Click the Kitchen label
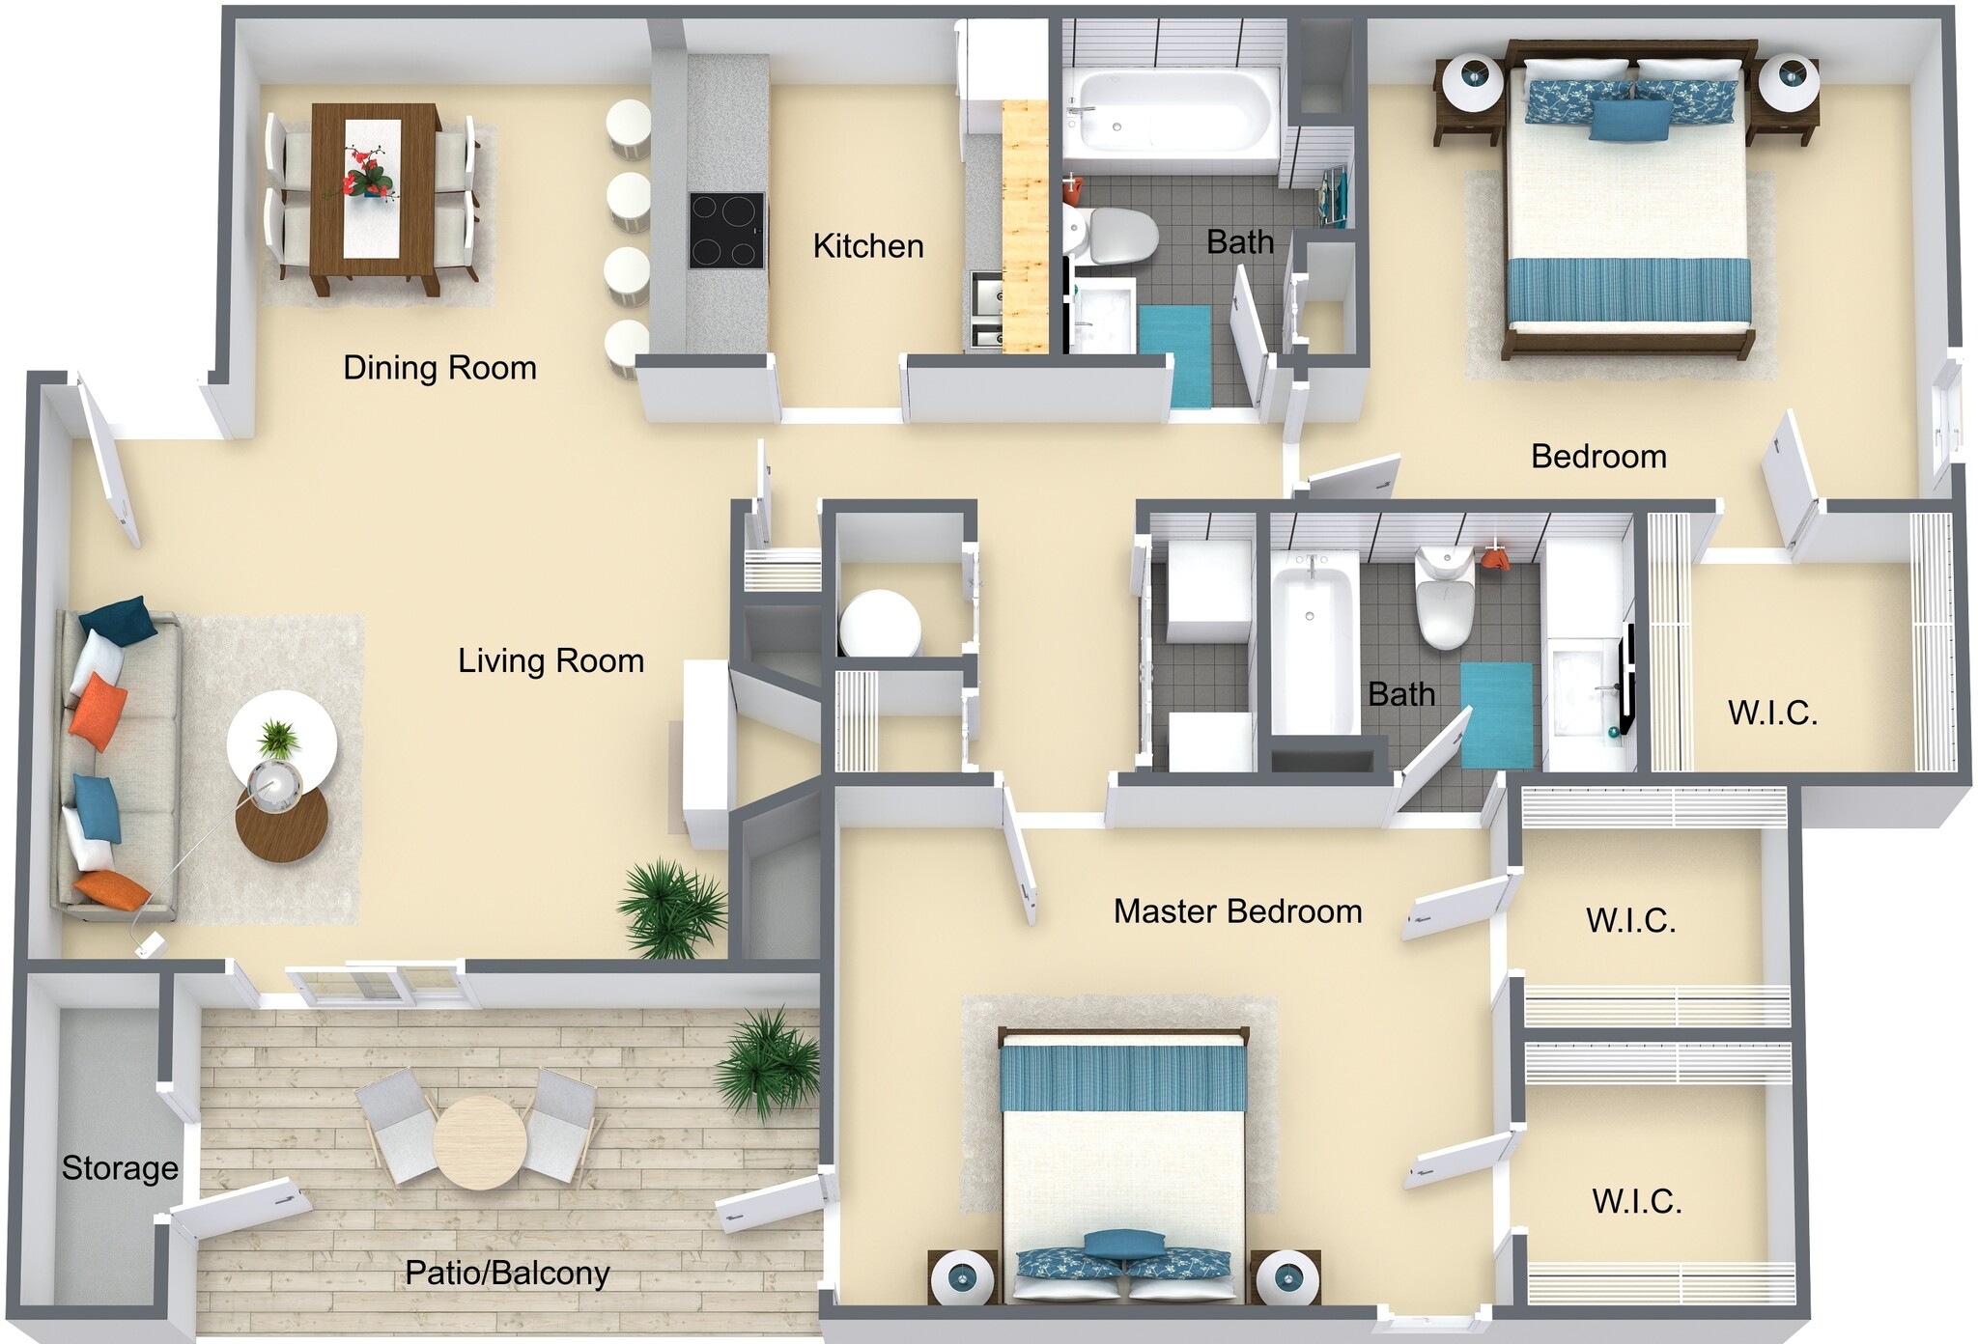pyautogui.click(x=867, y=246)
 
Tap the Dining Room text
pyautogui.click(x=439, y=368)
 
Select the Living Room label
pyautogui.click(x=551, y=661)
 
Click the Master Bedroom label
pyautogui.click(x=1237, y=911)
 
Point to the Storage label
pyautogui.click(x=120, y=1168)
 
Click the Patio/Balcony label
pyautogui.click(x=507, y=1274)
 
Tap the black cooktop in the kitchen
pyautogui.click(x=726, y=231)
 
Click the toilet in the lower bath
pyautogui.click(x=1444, y=599)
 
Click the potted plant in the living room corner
pyautogui.click(x=671, y=908)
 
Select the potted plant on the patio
pyautogui.click(x=768, y=1062)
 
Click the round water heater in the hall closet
pyautogui.click(x=879, y=624)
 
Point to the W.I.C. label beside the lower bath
pyautogui.click(x=1772, y=714)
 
